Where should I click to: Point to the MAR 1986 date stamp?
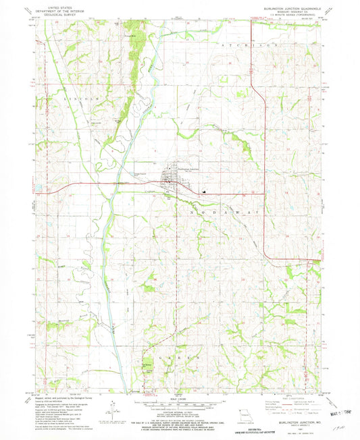[343, 408]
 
